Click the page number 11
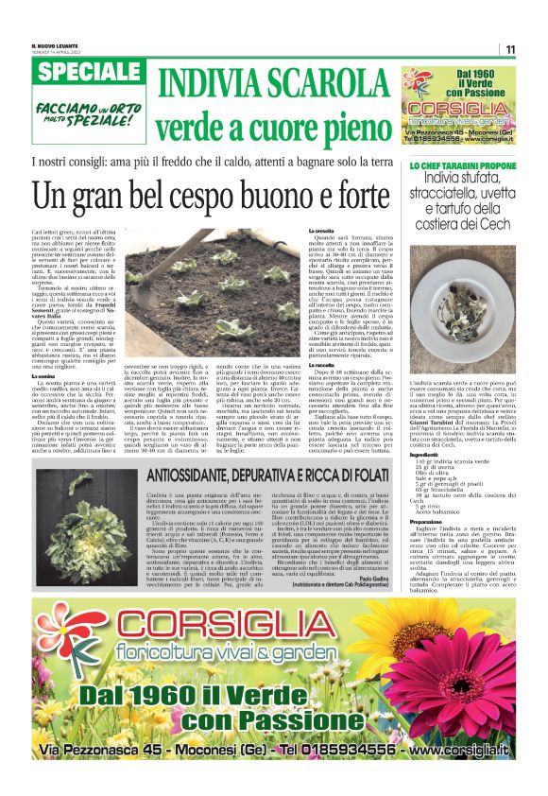point(509,49)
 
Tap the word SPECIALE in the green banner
point(86,73)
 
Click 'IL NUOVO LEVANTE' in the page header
point(53,46)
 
